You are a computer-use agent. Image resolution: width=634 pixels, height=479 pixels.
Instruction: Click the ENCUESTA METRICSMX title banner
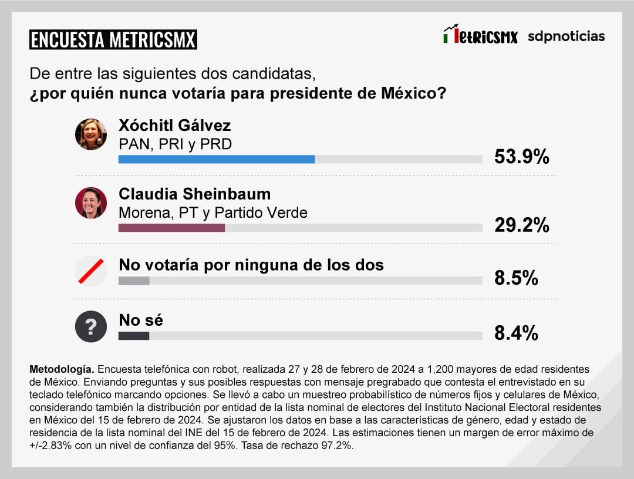[x=113, y=39]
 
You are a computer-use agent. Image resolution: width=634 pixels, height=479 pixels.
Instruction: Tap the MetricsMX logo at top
[x=480, y=35]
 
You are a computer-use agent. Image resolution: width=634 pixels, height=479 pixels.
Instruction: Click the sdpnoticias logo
[x=566, y=36]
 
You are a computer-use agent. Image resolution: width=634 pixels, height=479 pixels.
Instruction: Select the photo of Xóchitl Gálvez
[x=91, y=134]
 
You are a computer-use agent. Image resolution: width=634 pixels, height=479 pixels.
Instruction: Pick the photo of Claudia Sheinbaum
[x=91, y=203]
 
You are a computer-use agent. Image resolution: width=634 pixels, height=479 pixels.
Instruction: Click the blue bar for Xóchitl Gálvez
[x=216, y=159]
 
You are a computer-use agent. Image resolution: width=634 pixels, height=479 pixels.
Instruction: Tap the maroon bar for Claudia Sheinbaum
[x=171, y=228]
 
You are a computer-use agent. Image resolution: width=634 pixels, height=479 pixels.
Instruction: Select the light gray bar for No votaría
[x=134, y=281]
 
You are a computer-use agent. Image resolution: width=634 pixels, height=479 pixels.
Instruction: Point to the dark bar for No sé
[x=134, y=336]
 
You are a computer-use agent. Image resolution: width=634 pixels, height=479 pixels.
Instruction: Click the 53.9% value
[x=521, y=157]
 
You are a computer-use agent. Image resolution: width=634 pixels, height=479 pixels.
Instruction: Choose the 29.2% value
[x=521, y=225]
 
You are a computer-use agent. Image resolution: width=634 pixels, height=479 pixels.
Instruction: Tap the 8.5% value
[x=516, y=278]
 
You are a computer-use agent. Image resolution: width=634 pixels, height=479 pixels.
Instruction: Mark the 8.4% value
[x=516, y=333]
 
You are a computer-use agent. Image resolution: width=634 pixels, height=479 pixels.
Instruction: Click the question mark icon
[x=91, y=326]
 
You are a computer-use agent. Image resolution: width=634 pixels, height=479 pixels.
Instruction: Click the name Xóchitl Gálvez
[x=174, y=126]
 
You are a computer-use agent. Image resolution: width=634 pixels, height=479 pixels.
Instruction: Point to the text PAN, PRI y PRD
[x=175, y=144]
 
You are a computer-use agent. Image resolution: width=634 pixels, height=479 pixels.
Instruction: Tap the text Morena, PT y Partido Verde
[x=213, y=212]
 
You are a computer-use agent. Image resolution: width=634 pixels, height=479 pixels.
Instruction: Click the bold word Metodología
[x=61, y=370]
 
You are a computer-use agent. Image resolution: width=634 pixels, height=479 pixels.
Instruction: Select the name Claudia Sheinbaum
[x=194, y=194]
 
